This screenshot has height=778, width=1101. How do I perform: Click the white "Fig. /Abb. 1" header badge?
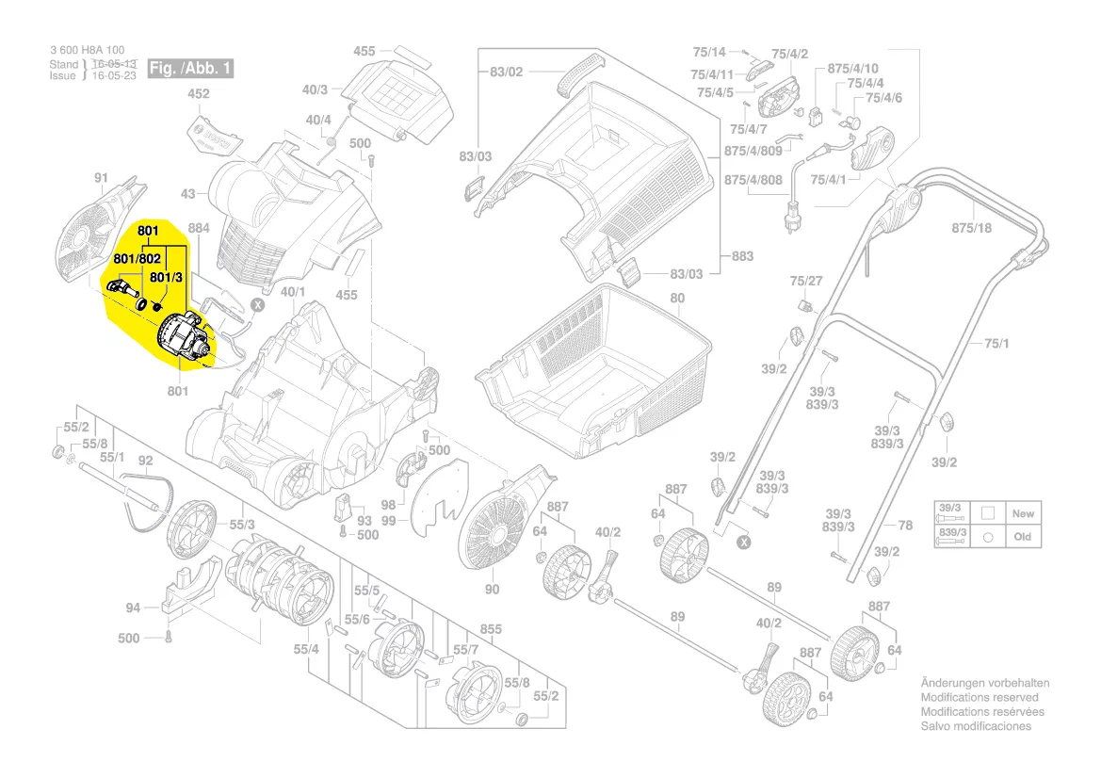pos(190,69)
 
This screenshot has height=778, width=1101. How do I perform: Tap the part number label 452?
pos(198,94)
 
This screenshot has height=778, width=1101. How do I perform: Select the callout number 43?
pos(187,194)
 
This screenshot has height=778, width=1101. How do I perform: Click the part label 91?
pos(102,177)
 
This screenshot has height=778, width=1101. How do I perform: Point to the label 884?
pos(199,227)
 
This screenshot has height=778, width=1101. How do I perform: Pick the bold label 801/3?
pos(166,277)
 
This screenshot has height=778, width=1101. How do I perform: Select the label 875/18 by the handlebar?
pos(972,228)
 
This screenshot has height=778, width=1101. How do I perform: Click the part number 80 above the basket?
pos(676,299)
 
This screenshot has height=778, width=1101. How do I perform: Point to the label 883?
pos(742,255)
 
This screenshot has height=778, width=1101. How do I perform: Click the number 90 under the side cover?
pos(492,590)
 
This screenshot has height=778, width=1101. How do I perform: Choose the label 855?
pos(491,628)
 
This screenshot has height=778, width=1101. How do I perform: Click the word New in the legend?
pos(1023,514)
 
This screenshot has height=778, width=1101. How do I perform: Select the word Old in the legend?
pos(1023,537)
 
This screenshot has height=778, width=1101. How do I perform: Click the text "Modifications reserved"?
pos(980,697)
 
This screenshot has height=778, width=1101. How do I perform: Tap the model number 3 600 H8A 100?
pos(87,50)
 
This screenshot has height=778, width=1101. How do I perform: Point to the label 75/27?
pos(805,281)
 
